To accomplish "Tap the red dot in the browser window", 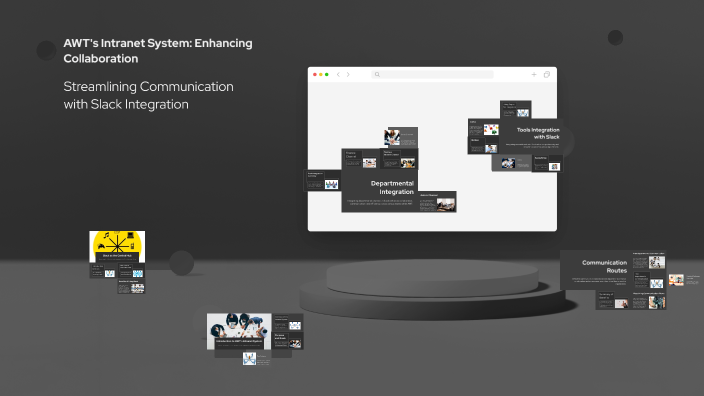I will (x=314, y=74).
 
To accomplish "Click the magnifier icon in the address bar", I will (x=377, y=74).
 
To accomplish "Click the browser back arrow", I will (x=338, y=74).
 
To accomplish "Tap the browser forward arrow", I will (x=348, y=74).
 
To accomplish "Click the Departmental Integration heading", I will (x=391, y=187).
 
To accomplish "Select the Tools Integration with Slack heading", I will (x=537, y=133).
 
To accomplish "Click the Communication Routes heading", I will (x=604, y=267).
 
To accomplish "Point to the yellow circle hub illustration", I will (x=117, y=244).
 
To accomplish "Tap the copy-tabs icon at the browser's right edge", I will (x=547, y=74).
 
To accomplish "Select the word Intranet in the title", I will (x=125, y=43).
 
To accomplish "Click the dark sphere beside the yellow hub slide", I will (x=181, y=262).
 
